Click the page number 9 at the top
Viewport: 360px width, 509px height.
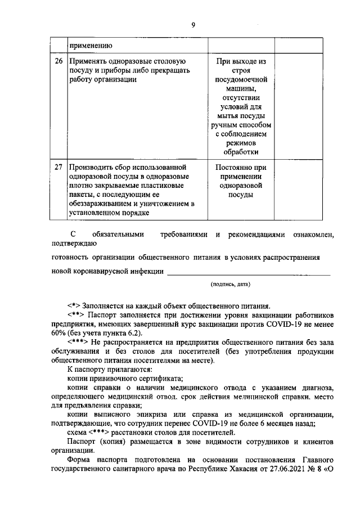(x=193, y=25)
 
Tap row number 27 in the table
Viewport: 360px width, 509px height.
(x=58, y=168)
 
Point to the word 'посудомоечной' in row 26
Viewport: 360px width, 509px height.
(x=241, y=79)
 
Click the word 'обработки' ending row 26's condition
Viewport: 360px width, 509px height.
(x=241, y=151)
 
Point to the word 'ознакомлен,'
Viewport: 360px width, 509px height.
(x=309, y=234)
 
